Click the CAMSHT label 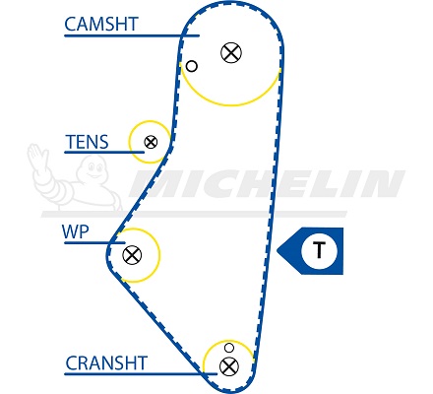101,24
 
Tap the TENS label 87,142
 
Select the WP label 76,231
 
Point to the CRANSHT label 106,363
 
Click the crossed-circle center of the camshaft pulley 231,52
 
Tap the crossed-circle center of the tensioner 151,142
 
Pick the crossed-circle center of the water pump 132,255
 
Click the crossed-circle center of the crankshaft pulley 229,366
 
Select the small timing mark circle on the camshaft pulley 192,66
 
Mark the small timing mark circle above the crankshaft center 228,348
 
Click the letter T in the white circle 319,250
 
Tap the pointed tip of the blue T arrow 278,251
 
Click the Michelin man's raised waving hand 36,155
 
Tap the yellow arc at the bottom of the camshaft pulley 230,104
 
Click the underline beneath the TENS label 104,152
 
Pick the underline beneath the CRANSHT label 141,373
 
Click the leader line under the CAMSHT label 132,35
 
